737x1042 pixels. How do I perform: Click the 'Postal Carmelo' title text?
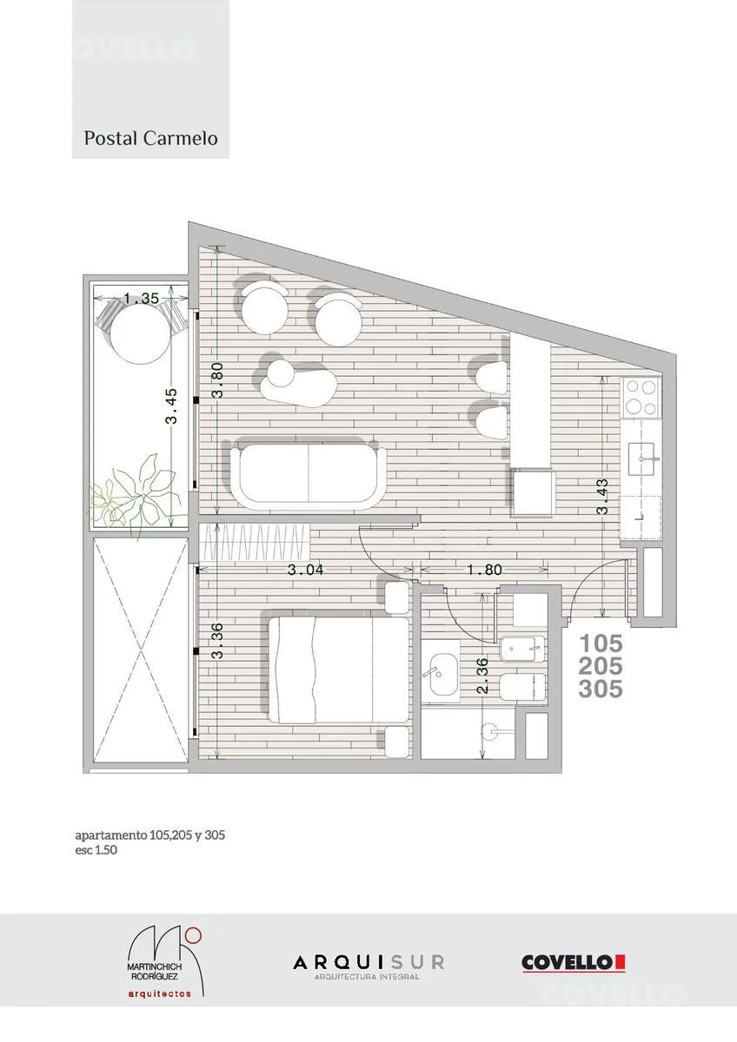[150, 139]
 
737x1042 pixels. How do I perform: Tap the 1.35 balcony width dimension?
[142, 298]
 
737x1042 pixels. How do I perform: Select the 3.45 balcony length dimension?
[171, 406]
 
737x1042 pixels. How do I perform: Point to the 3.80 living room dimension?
[217, 380]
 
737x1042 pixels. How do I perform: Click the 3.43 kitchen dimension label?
[602, 497]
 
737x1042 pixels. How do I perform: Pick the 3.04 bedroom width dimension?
[305, 570]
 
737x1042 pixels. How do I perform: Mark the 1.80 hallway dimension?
[484, 570]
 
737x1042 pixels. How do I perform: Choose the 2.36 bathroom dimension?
[483, 676]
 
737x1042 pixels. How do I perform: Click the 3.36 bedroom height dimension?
[217, 641]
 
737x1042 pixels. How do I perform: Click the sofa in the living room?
[309, 473]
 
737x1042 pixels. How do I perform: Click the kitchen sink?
[644, 458]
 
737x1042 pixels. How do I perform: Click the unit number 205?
[601, 667]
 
